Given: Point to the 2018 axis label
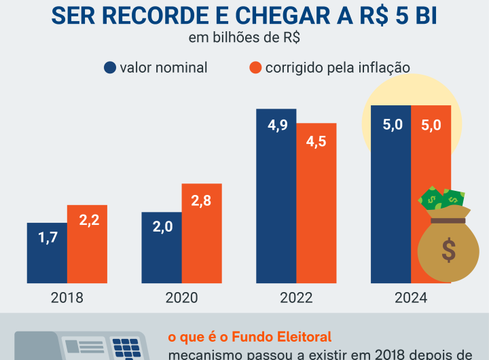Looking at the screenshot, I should (x=67, y=298).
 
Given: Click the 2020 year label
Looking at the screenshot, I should (x=181, y=298).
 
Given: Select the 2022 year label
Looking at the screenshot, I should (x=295, y=298).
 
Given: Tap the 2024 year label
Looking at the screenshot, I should (x=410, y=298).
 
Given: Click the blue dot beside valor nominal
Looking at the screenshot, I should (x=109, y=67).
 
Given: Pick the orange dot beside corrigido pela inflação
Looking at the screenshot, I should (x=255, y=67).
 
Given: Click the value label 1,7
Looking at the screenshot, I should (x=47, y=238).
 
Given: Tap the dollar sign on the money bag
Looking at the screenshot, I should (x=448, y=249).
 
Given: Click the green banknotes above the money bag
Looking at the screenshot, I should (x=442, y=199).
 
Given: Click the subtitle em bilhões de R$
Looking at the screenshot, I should (x=244, y=37).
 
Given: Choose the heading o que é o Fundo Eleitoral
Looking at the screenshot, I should (x=249, y=336).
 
